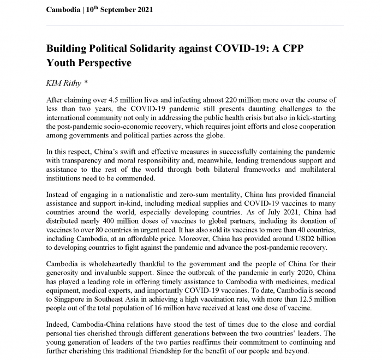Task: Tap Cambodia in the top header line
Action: click(63, 10)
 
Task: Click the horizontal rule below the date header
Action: click(195, 25)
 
